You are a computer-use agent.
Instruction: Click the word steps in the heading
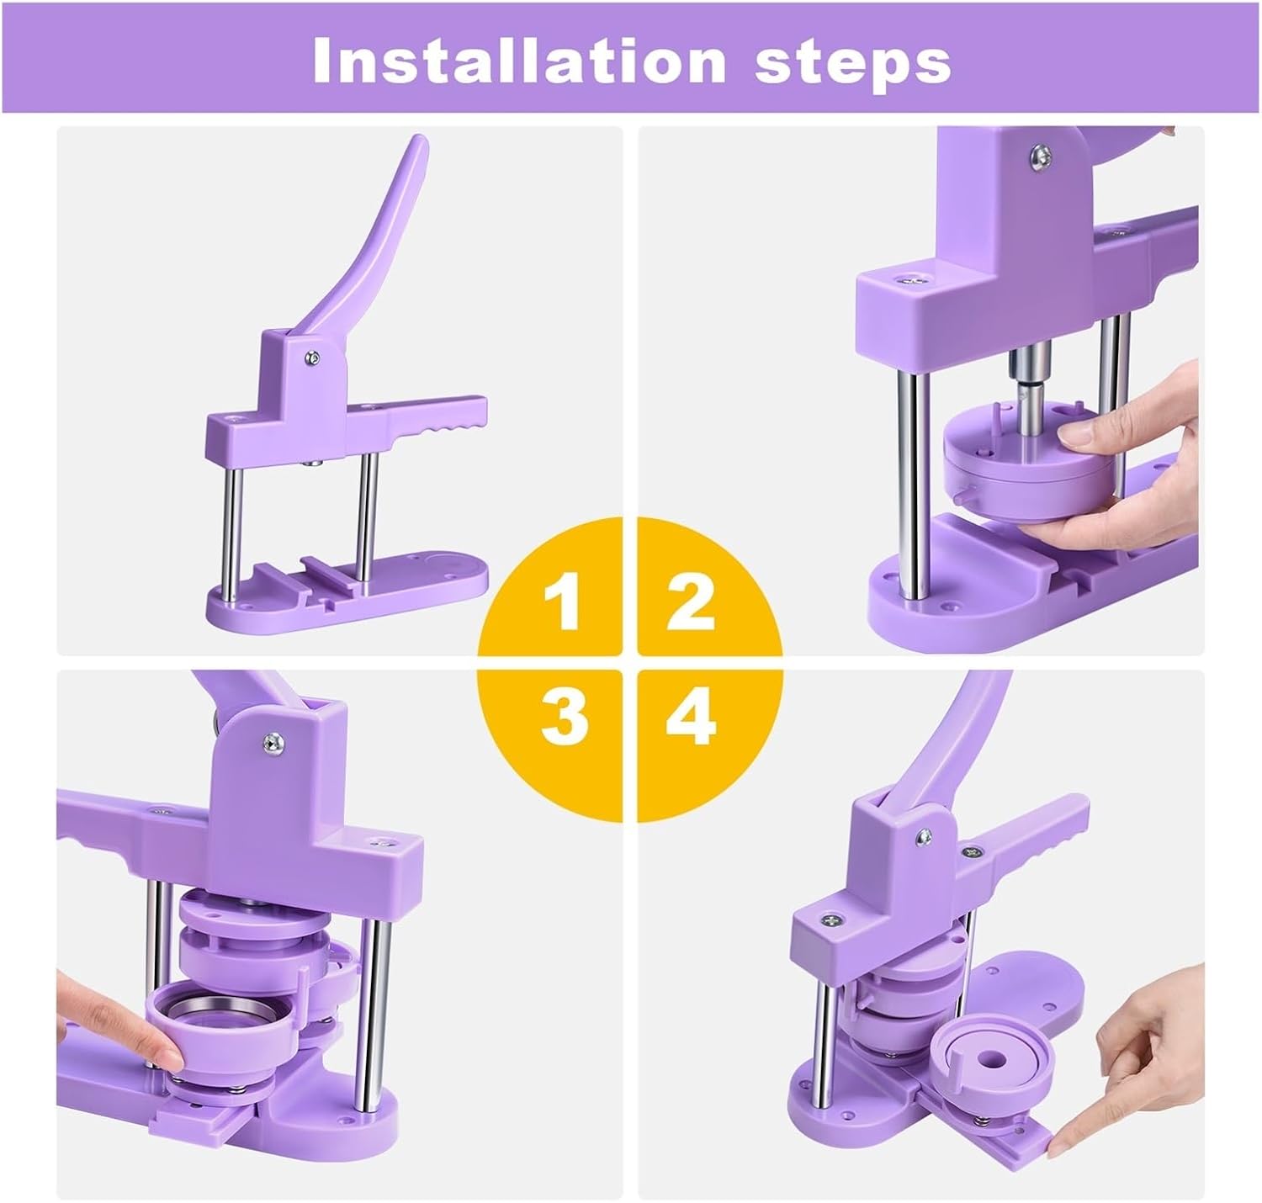853,64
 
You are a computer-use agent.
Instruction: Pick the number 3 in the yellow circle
565,715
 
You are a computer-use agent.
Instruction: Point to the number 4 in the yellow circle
691,715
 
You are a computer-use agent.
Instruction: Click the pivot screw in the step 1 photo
313,357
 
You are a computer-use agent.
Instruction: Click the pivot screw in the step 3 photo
273,744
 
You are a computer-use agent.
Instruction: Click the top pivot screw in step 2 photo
1040,156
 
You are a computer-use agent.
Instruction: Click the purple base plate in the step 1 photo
347,594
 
